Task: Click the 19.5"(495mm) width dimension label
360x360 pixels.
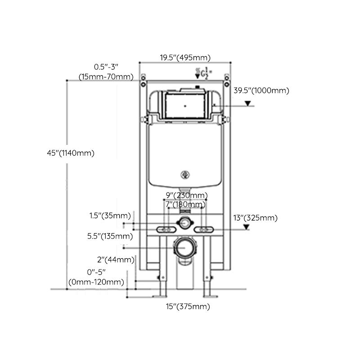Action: click(185, 58)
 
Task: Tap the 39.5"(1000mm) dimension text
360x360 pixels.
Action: click(261, 90)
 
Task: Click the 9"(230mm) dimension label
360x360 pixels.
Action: click(186, 195)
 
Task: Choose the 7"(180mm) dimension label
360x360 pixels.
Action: click(185, 205)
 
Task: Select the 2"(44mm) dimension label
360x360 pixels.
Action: click(116, 260)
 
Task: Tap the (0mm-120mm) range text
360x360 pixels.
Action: click(96, 282)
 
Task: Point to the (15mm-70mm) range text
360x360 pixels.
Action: click(106, 76)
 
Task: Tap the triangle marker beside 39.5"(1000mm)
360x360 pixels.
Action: click(247, 103)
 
